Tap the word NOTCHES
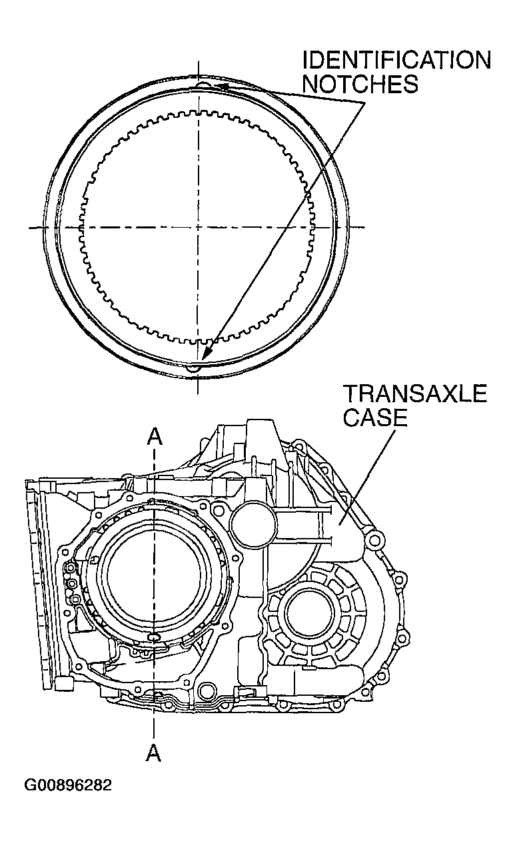coord(360,84)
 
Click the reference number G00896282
coord(68,786)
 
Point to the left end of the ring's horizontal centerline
coord(31,228)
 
